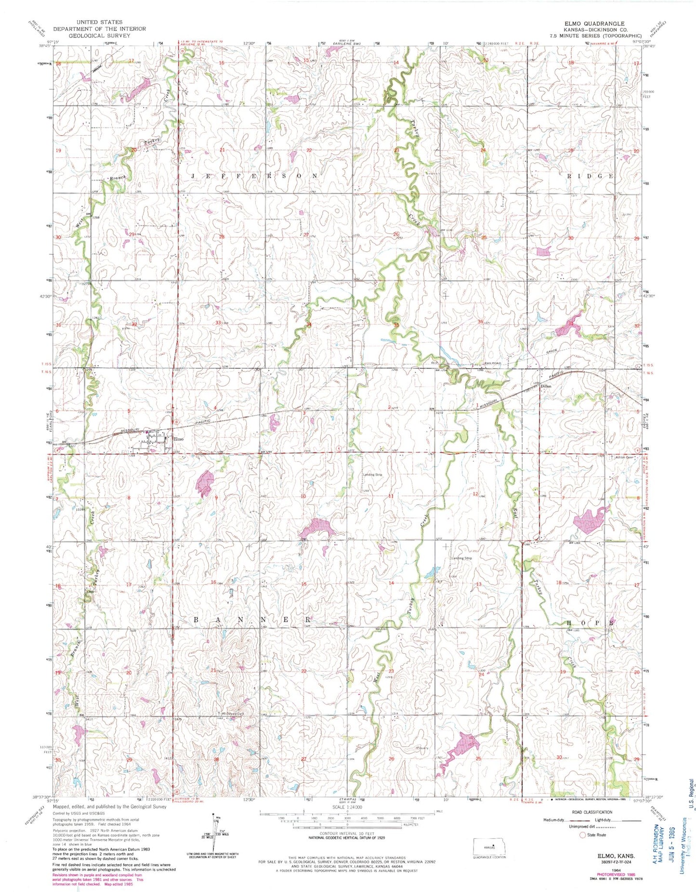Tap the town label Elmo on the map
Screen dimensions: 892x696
click(x=178, y=439)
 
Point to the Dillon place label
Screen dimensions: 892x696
click(x=545, y=386)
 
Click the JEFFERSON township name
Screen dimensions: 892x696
click(x=255, y=176)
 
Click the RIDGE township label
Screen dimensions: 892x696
click(x=590, y=176)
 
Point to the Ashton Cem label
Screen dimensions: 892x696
click(x=622, y=457)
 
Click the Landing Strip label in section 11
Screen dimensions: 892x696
click(x=372, y=475)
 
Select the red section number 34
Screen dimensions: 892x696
click(x=309, y=325)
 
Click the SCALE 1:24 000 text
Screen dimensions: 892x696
click(x=346, y=807)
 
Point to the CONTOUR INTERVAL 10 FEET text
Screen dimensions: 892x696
click(x=347, y=833)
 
